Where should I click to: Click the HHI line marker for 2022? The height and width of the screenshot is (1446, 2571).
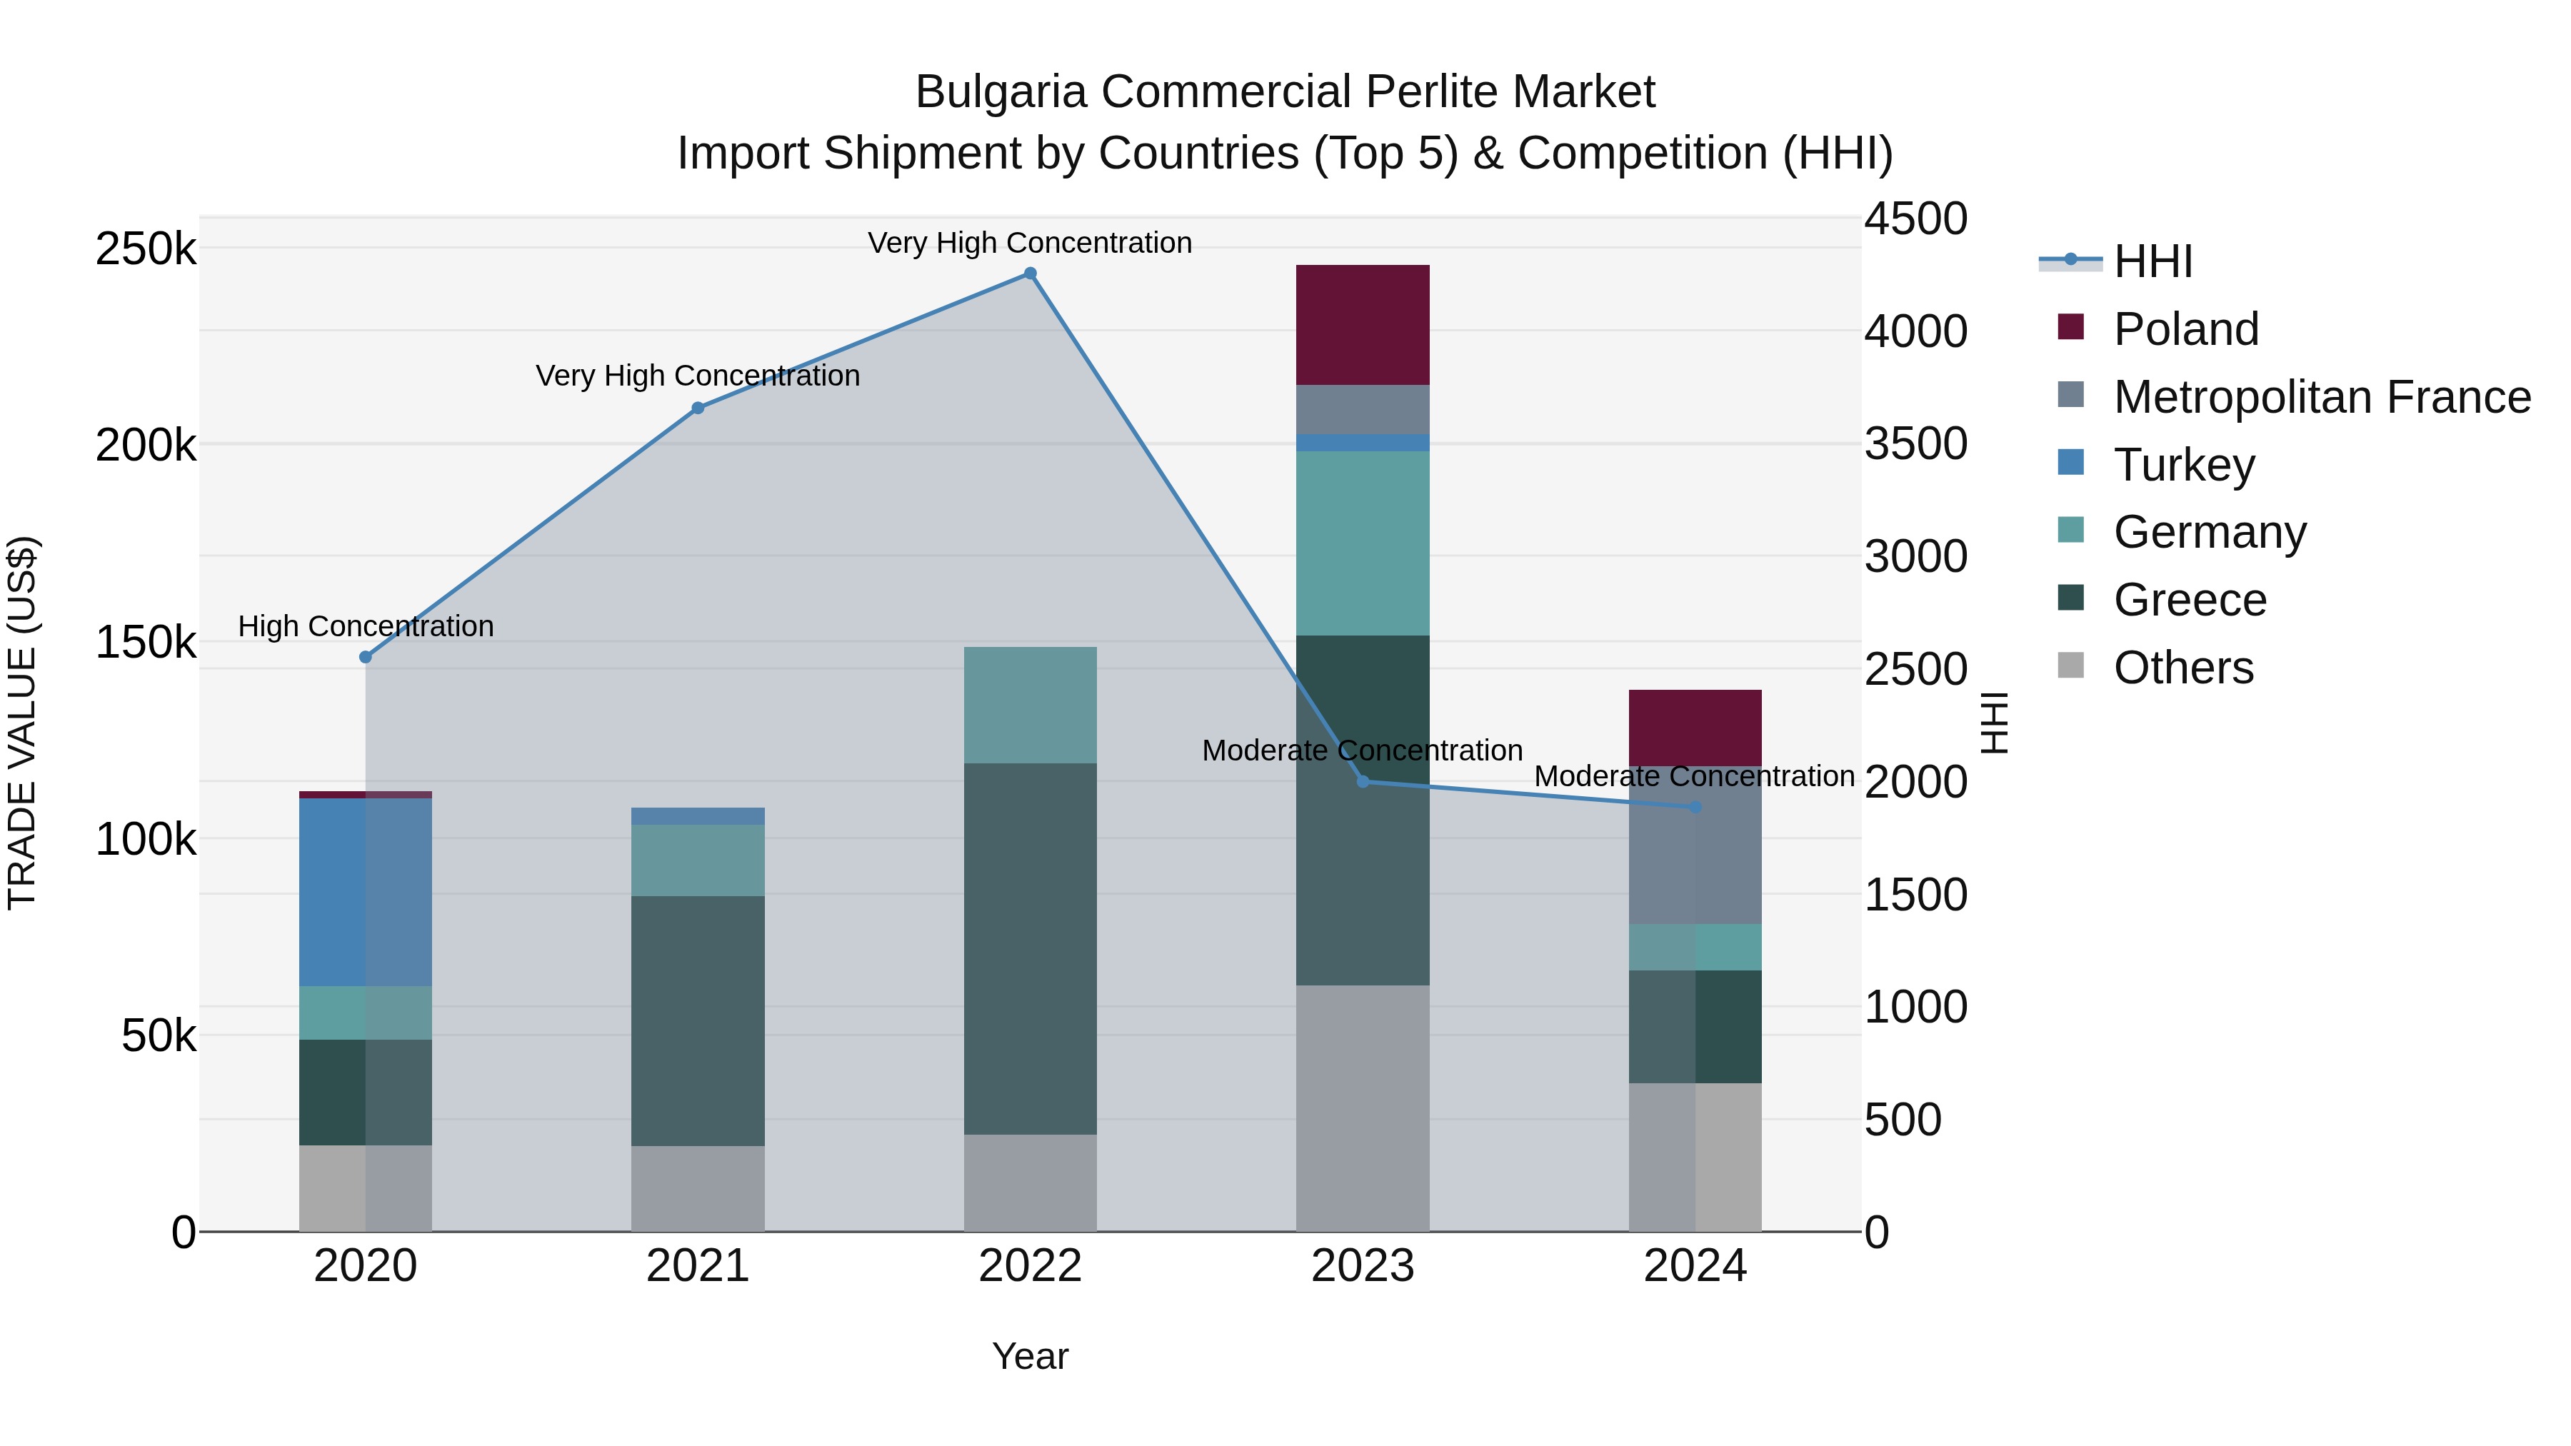pos(1030,273)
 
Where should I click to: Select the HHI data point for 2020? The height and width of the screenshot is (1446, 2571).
pos(365,657)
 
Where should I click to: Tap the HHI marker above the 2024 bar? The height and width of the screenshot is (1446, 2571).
pos(1695,806)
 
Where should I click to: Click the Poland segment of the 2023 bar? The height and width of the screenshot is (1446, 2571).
pos(1363,324)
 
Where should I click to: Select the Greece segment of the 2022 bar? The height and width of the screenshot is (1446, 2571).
pos(1030,948)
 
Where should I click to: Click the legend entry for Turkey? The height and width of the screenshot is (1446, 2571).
pos(2184,465)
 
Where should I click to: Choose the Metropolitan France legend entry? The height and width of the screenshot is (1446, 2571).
pos(2322,397)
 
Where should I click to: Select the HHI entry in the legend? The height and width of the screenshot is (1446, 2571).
pos(2152,261)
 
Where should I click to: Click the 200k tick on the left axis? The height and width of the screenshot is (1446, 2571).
pos(146,445)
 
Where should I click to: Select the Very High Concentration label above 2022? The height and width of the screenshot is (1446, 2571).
pos(1030,243)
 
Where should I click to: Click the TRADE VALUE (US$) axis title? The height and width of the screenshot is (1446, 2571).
pos(22,723)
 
